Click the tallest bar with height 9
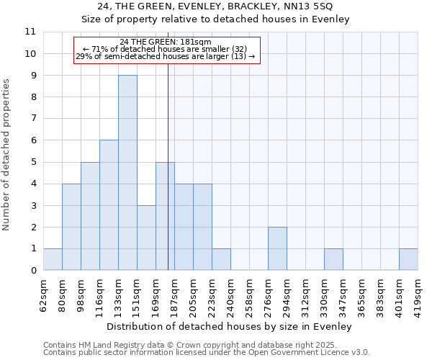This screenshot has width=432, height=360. [x=127, y=173]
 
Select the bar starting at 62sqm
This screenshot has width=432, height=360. [x=53, y=259]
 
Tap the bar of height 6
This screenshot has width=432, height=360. [x=109, y=205]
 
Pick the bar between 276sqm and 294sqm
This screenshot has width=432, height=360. [x=277, y=248]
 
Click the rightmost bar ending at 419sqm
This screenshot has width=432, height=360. [x=408, y=259]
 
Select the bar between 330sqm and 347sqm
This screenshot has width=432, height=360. [x=333, y=259]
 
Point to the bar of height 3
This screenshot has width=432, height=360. [x=146, y=238]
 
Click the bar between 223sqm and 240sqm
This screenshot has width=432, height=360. [x=221, y=259]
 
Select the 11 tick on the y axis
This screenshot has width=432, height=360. [x=30, y=32]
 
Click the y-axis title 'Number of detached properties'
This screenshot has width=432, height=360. [x=7, y=155]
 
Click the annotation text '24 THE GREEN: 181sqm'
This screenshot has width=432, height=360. [x=166, y=42]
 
